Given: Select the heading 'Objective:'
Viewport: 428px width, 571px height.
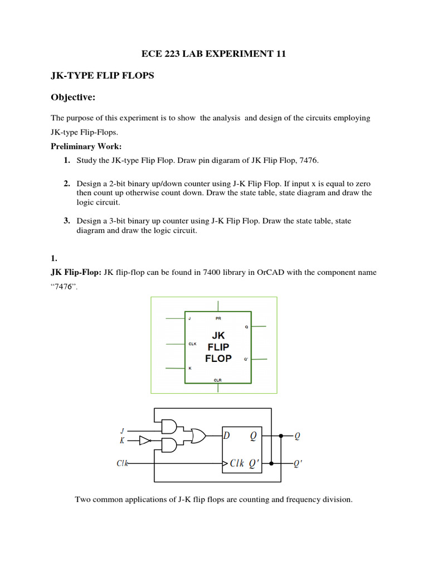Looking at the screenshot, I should (74, 98).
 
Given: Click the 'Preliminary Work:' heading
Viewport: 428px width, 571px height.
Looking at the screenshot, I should (86, 147).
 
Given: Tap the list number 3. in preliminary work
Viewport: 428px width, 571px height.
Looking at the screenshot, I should (67, 221).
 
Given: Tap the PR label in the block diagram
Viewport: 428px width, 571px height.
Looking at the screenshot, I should (218, 318).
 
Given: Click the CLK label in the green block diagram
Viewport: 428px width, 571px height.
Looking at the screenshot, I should (192, 344).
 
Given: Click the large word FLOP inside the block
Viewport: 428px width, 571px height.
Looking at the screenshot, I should (218, 359).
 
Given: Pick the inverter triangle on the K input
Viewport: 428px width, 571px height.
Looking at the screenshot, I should (144, 441).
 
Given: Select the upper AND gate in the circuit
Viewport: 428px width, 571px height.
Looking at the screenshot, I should (168, 427).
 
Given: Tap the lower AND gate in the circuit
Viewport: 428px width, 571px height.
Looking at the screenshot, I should (168, 445).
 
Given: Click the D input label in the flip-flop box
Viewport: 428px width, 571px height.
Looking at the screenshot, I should (227, 436).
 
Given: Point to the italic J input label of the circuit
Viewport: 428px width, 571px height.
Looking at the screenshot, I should (122, 430).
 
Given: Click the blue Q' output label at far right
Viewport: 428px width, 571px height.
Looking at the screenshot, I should (298, 463).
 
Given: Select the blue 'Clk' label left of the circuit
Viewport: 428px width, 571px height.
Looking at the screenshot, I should (123, 463).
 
